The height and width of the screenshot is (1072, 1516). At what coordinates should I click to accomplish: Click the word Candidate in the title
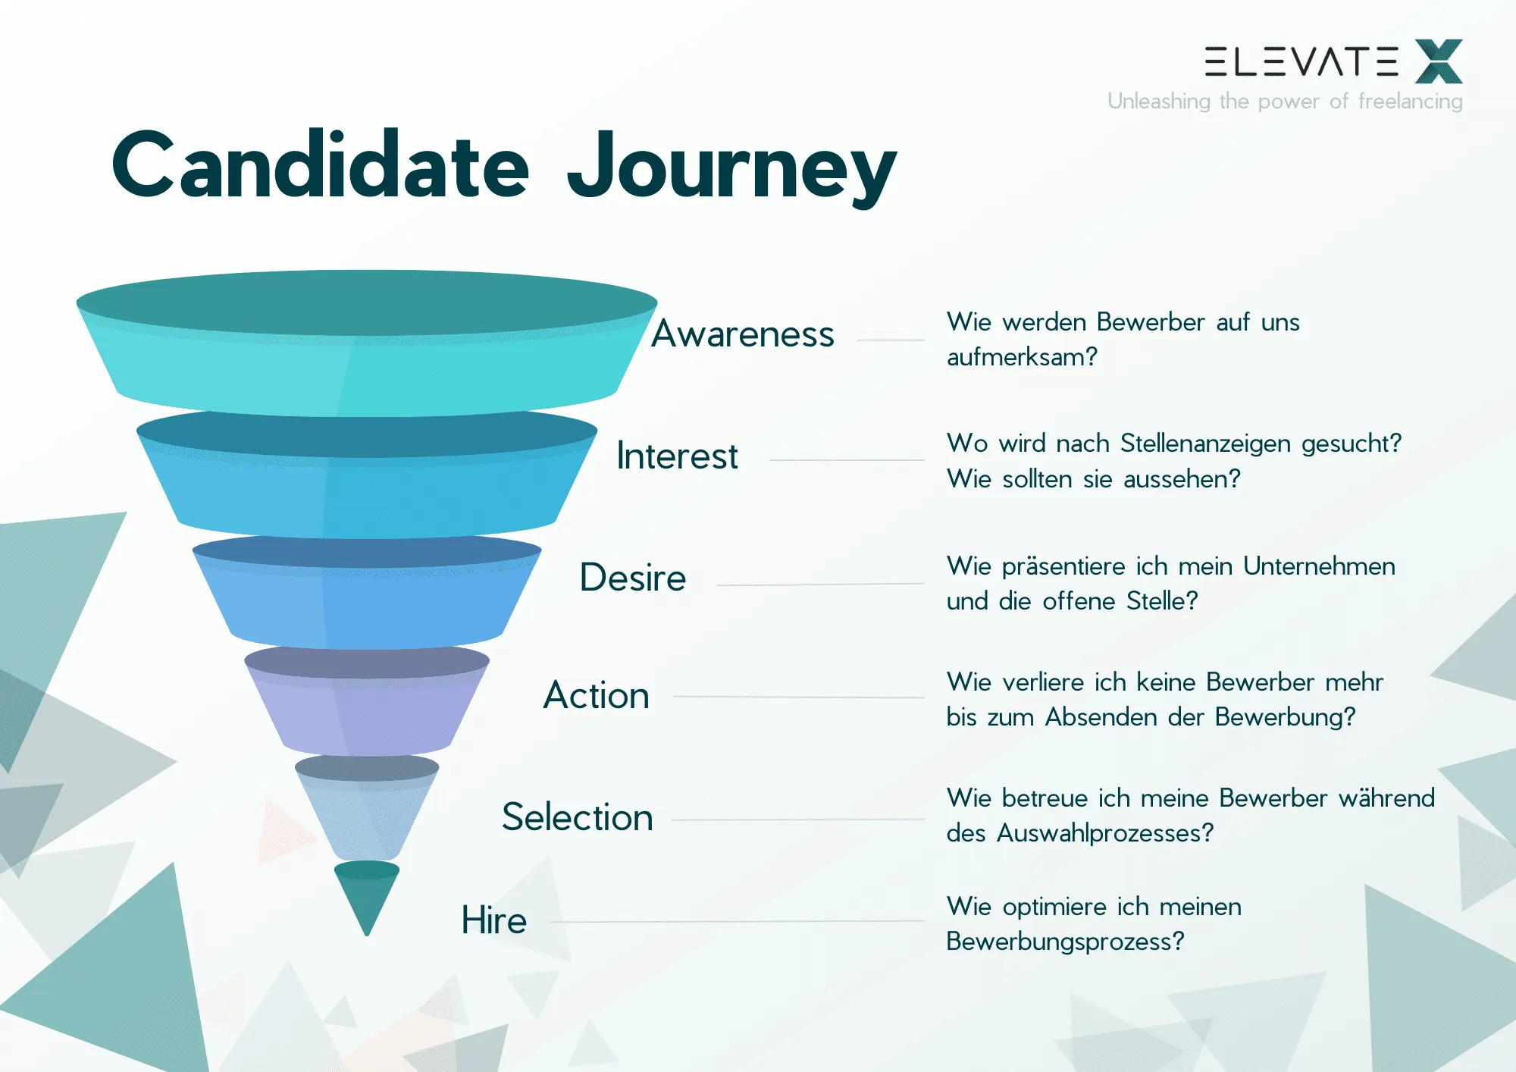(x=320, y=165)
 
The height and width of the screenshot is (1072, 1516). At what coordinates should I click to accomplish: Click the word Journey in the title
(x=731, y=168)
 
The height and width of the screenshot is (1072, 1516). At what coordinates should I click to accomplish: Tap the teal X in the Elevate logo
(x=1438, y=61)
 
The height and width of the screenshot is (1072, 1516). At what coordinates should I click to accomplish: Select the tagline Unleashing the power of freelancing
(x=1285, y=101)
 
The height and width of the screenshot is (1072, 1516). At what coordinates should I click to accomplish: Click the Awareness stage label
(x=743, y=334)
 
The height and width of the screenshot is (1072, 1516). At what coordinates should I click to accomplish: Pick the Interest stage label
(x=677, y=456)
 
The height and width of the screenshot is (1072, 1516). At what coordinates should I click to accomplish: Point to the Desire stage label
(x=633, y=578)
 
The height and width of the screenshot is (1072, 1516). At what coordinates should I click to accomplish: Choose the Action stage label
(x=597, y=695)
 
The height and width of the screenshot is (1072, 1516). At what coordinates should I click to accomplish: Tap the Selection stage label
(x=577, y=817)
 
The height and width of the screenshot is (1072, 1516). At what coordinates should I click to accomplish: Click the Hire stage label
(x=494, y=920)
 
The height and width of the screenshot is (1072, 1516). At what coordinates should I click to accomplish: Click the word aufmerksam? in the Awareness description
(x=1022, y=357)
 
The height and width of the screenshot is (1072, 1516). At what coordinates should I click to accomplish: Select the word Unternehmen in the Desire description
(x=1319, y=566)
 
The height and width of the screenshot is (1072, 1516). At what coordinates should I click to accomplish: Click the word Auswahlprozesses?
(x=1105, y=833)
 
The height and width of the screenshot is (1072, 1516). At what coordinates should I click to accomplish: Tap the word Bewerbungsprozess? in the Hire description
(x=1065, y=942)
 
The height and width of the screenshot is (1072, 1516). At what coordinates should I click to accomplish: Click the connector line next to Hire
(x=735, y=921)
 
